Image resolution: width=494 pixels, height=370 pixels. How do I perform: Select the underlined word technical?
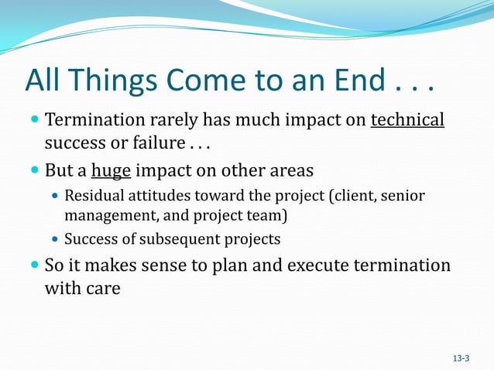coord(407,121)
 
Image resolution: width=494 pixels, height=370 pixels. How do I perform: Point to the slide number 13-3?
coord(461,358)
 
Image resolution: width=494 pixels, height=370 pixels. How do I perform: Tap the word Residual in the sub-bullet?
coord(94,196)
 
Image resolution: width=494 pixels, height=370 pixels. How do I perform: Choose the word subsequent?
coord(183,239)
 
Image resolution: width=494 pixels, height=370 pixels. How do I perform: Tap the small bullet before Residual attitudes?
coord(54,197)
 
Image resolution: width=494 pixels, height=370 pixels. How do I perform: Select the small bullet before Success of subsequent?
coord(54,239)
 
